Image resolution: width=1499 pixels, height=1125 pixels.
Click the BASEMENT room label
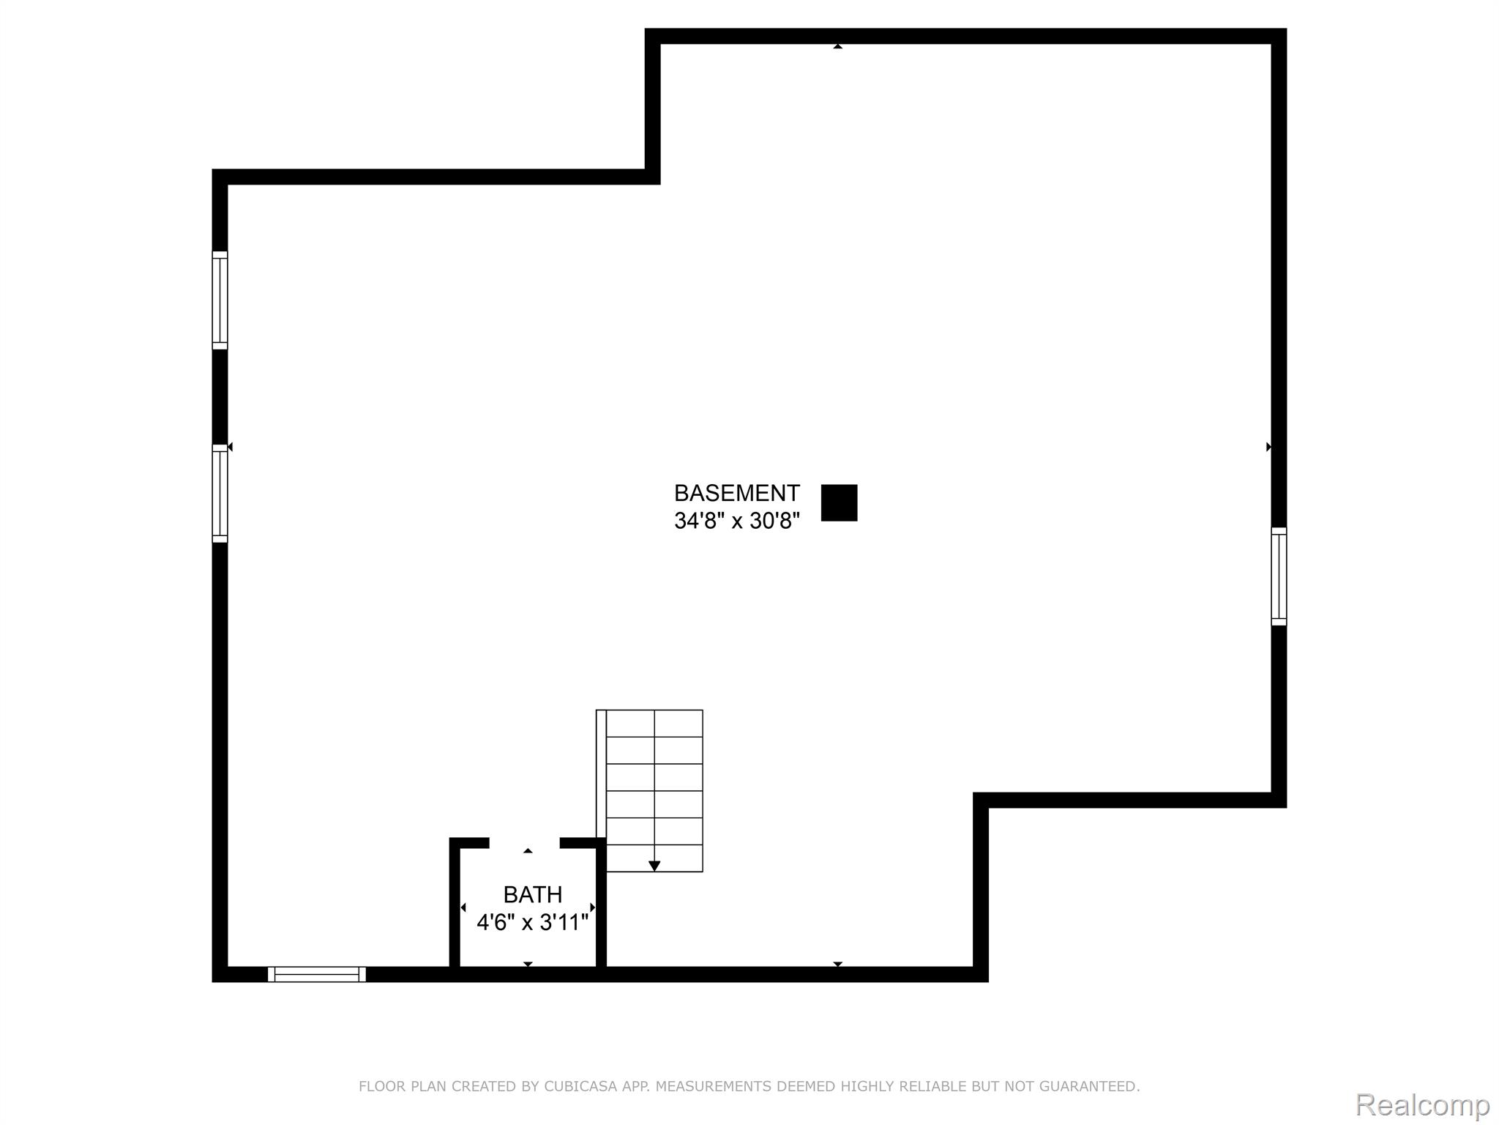736,493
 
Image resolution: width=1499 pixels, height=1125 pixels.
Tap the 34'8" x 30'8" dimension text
736,521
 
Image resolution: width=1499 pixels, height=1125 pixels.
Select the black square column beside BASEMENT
839,503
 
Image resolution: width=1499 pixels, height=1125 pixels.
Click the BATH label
533,895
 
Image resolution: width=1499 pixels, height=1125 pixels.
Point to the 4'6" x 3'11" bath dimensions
533,922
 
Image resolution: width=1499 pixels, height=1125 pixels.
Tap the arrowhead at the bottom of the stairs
654,866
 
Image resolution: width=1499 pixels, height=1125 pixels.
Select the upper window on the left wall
220,300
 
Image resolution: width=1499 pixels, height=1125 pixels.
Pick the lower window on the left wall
220,494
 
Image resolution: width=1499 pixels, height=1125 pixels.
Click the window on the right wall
1279,576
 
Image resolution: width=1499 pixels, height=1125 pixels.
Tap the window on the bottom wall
317,974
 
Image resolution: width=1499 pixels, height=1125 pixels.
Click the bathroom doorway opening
524,843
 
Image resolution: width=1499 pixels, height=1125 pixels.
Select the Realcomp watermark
1422,1105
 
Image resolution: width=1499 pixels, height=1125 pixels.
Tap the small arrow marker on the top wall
838,47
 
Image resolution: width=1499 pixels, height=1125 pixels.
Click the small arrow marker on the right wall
1268,447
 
